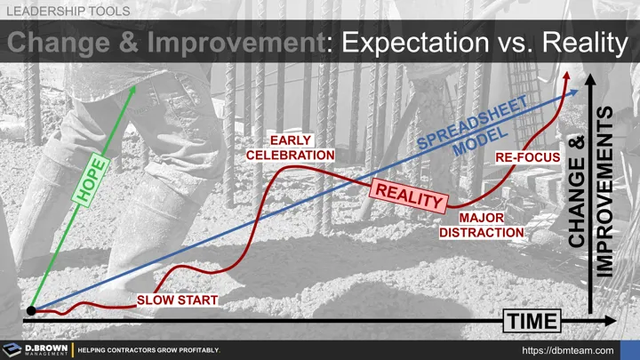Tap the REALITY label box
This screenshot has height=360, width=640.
click(408, 196)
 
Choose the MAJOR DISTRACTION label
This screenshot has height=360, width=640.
click(484, 225)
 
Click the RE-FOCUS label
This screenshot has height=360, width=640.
click(527, 158)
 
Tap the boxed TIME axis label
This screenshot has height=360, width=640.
click(533, 320)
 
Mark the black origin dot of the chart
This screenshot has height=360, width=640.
click(30, 310)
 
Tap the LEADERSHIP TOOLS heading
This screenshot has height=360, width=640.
click(69, 12)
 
